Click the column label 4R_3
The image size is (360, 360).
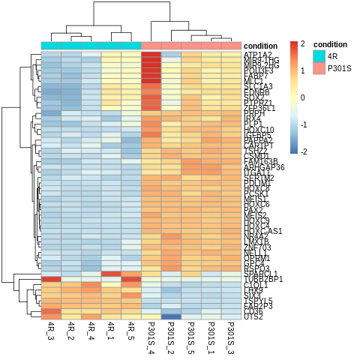click(51, 332)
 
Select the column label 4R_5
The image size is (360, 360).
click(131, 332)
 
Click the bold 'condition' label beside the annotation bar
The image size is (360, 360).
click(261, 46)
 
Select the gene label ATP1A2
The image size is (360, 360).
click(257, 54)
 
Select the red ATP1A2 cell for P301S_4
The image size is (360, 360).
click(151, 55)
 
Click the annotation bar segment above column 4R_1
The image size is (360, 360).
click(111, 46)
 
